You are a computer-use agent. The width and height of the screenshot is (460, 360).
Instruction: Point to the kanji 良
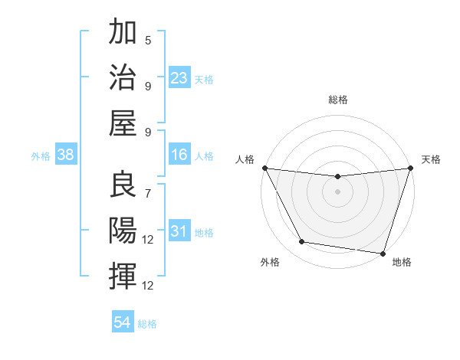tap(123, 184)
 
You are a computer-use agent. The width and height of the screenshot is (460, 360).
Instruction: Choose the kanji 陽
tap(123, 229)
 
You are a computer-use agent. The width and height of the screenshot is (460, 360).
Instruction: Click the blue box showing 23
tap(179, 78)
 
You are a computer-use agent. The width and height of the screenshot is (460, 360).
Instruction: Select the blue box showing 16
tap(179, 155)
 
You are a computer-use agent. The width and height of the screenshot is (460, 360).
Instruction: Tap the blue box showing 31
tap(179, 232)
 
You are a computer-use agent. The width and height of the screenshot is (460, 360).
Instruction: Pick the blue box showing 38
tap(66, 155)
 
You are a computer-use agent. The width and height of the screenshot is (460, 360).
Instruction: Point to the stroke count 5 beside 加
tap(148, 41)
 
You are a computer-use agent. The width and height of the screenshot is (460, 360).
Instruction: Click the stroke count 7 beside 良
tap(148, 193)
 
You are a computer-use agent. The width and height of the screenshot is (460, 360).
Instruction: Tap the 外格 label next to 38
tap(41, 156)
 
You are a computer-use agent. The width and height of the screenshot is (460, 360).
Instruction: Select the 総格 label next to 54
tap(147, 324)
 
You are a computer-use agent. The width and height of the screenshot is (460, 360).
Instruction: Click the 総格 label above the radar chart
tap(337, 100)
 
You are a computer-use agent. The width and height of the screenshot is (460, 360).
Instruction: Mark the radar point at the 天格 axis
tap(410, 169)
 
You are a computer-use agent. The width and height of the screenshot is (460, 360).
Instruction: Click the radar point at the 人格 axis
tap(264, 168)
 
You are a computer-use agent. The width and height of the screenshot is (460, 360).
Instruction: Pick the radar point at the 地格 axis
tap(383, 253)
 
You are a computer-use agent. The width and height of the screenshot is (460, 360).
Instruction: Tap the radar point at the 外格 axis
tap(301, 242)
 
